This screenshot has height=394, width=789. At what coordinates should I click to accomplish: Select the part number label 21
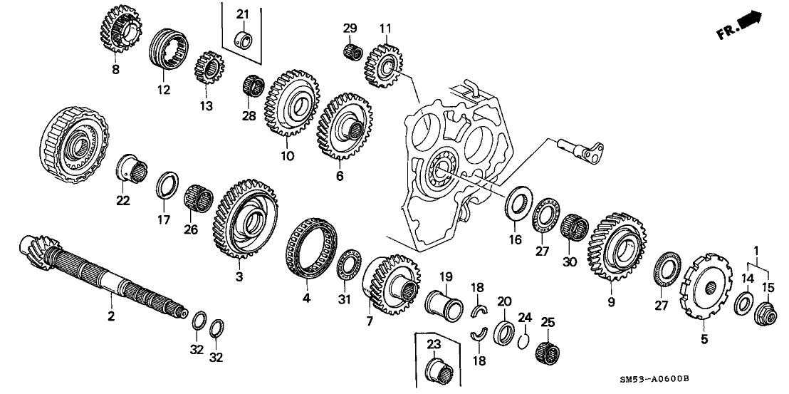[242, 15]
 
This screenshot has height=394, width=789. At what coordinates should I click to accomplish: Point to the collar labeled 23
[437, 370]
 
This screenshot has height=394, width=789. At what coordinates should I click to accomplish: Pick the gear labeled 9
[617, 249]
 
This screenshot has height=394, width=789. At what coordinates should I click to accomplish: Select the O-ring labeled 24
[522, 340]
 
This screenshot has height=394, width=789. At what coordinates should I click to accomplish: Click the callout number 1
[756, 250]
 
